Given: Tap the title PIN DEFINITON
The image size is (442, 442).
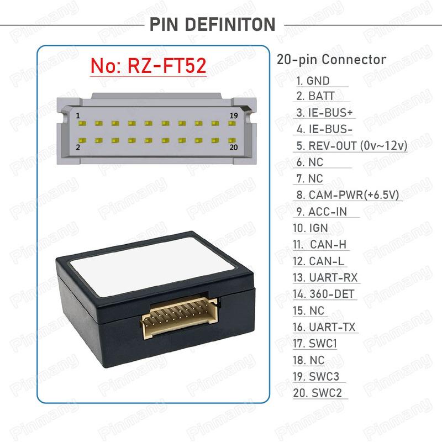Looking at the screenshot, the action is [212, 24].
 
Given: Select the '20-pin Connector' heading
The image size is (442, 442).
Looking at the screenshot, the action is [331, 60].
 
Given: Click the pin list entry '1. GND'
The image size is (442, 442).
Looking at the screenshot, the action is [313, 81].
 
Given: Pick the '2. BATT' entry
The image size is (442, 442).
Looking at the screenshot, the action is [315, 96].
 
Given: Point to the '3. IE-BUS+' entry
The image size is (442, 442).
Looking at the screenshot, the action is [324, 113].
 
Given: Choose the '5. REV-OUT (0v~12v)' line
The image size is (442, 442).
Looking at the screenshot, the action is [352, 146].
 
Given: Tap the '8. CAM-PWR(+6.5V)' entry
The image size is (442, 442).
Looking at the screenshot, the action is [348, 195].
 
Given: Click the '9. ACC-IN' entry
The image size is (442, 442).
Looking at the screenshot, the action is [322, 212].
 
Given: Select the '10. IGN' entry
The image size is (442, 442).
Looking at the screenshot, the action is [311, 228].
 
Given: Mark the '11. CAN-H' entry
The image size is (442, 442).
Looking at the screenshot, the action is [320, 244].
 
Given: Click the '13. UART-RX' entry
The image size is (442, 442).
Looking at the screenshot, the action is [325, 278].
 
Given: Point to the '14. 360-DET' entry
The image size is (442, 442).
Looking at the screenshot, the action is [323, 294].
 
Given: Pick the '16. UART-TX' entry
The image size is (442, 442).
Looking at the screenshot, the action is [324, 327].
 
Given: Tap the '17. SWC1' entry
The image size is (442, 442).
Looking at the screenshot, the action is [315, 344].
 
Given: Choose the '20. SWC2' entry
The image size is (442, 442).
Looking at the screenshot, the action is [317, 393].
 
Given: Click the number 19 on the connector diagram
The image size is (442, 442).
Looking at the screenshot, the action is [234, 115].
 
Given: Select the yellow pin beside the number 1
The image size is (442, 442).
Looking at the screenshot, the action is [82, 123].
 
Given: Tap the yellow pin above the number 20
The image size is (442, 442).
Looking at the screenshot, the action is [232, 140].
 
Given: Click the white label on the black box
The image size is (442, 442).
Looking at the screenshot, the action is [152, 266].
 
